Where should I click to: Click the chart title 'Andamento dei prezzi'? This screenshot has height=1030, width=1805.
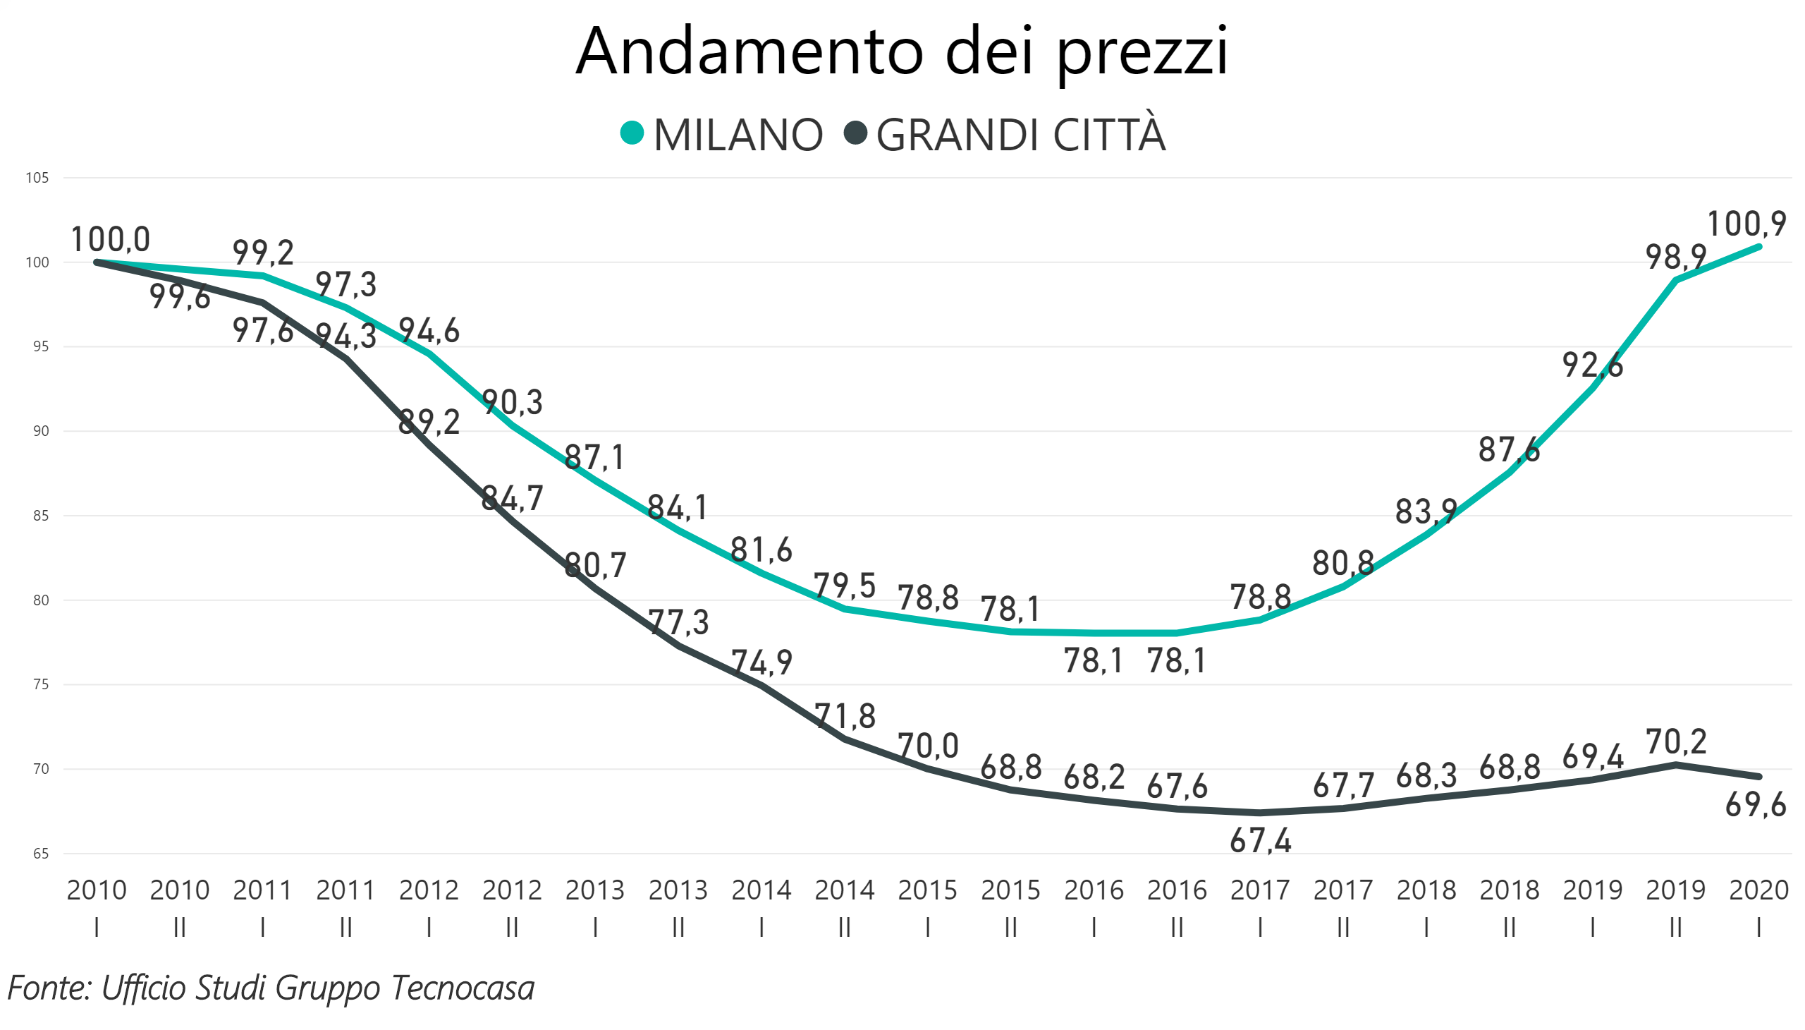tap(902, 51)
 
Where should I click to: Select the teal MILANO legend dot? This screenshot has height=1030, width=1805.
tap(631, 133)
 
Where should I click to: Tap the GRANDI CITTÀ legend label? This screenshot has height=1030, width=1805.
tap(1020, 135)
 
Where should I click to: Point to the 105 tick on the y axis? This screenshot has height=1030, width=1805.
tap(37, 178)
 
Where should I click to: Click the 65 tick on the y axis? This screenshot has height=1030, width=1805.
tap(40, 854)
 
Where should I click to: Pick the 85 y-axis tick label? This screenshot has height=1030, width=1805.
tap(40, 516)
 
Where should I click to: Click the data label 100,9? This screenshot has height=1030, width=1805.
tap(1746, 224)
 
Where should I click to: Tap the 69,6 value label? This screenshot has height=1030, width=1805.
tap(1755, 805)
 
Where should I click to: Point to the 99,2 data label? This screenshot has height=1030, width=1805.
tap(263, 253)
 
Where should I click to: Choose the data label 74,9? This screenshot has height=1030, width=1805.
tap(761, 663)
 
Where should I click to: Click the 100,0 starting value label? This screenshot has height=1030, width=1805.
tap(110, 239)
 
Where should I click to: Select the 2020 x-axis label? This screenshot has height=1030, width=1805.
tap(1758, 890)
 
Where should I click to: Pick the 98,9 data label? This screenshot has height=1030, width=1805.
tap(1675, 257)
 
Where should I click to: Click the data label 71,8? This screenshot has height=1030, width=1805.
tap(845, 717)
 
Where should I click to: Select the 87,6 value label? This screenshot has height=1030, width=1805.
tap(1509, 450)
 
